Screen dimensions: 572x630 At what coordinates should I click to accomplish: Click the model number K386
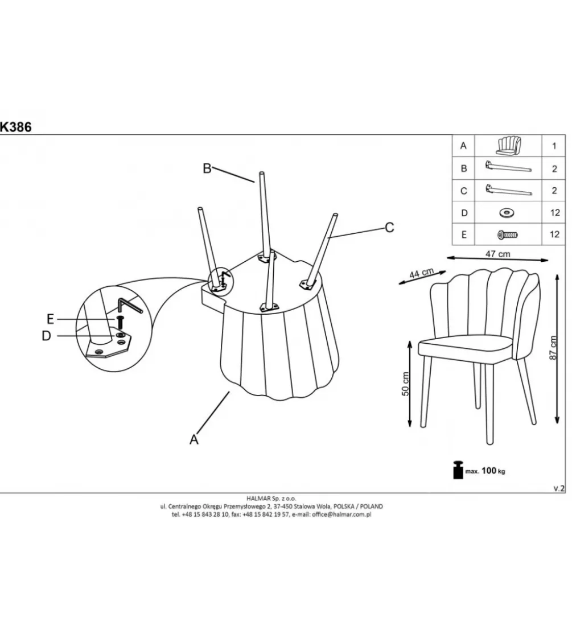pyautogui.click(x=15, y=127)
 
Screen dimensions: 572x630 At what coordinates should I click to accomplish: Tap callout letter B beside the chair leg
pyautogui.click(x=207, y=168)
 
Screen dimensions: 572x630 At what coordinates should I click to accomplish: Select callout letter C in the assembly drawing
pyautogui.click(x=389, y=228)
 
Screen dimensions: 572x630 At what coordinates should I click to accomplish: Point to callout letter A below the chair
pyautogui.click(x=194, y=439)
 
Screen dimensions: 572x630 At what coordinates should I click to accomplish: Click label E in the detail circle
pyautogui.click(x=50, y=319)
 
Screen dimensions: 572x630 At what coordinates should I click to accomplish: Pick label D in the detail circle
pyautogui.click(x=47, y=336)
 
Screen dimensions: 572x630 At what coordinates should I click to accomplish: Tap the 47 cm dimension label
pyautogui.click(x=497, y=254)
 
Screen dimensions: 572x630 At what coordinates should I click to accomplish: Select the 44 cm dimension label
pyautogui.click(x=421, y=274)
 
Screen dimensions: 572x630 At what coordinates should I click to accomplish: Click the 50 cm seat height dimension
pyautogui.click(x=405, y=384)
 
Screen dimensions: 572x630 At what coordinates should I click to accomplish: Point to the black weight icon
pyautogui.click(x=458, y=470)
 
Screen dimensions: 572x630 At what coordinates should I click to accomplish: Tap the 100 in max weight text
pyautogui.click(x=488, y=471)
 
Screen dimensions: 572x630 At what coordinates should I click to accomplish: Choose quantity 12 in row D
pyautogui.click(x=555, y=212)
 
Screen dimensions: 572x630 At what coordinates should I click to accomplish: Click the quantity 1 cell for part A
pyautogui.click(x=554, y=146)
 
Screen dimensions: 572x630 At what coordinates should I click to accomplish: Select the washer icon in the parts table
pyautogui.click(x=507, y=212)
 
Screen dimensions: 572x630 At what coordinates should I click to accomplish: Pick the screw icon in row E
pyautogui.click(x=508, y=234)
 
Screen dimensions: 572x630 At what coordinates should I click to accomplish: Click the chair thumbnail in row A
pyautogui.click(x=508, y=146)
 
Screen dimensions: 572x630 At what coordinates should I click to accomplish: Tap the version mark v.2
pyautogui.click(x=559, y=488)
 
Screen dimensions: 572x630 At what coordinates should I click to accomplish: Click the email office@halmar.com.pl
pyautogui.click(x=341, y=514)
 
